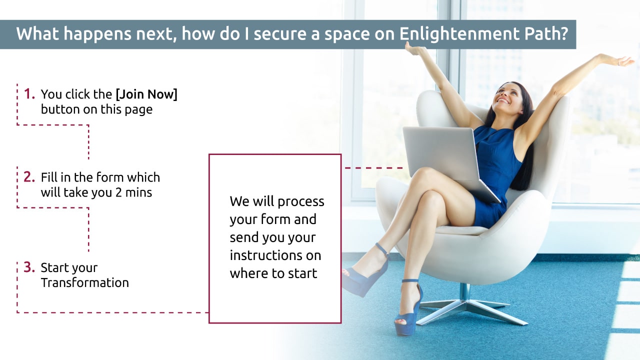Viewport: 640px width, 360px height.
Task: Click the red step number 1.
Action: (29, 93)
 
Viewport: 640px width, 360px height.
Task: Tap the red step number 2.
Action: (29, 177)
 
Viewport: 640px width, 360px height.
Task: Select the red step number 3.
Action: (29, 267)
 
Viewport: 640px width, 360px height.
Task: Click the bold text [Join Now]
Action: (146, 94)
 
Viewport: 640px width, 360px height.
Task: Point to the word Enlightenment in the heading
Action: (458, 33)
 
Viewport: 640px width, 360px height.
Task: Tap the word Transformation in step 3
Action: (85, 282)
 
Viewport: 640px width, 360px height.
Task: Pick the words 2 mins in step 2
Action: (133, 192)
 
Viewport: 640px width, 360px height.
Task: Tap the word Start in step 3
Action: (55, 267)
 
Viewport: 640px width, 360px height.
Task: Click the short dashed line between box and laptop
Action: (373, 168)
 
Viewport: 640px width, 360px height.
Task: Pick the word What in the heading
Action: (37, 33)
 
